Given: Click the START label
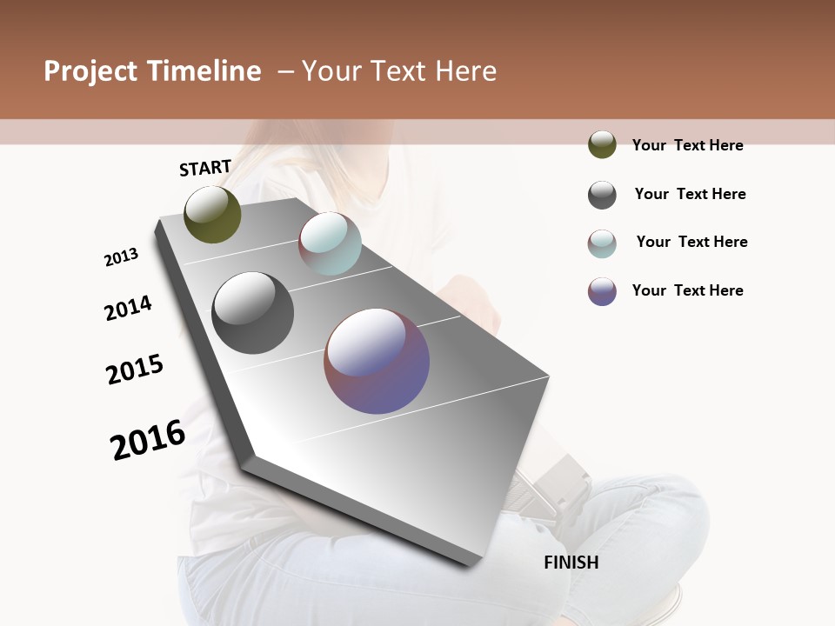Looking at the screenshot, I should pos(205,168).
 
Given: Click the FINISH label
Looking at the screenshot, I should pos(571,563).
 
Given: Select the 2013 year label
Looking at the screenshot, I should pos(121,257).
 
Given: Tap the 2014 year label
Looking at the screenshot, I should pos(128,308).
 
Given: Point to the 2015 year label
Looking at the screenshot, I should pos(135,369).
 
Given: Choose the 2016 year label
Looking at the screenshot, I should pos(148,439).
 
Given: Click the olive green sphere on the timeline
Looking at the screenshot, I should pos(212,214).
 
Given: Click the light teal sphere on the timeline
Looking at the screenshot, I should pos(330,243).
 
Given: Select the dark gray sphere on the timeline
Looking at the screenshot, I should pos(252,313).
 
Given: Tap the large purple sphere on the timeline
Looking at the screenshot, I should pos(377,361).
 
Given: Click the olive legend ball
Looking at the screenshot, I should pos(602,144).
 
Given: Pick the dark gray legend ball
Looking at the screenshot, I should pos(602,195).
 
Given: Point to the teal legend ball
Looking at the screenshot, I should pos(602,243).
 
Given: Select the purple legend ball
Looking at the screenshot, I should pos(602,291).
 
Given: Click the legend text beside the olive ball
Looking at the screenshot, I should pos(687,145).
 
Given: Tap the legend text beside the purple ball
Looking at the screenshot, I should pos(687,290).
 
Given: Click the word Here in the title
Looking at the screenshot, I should pos(465,71).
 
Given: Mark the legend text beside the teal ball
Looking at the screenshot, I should pos(691,242).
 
